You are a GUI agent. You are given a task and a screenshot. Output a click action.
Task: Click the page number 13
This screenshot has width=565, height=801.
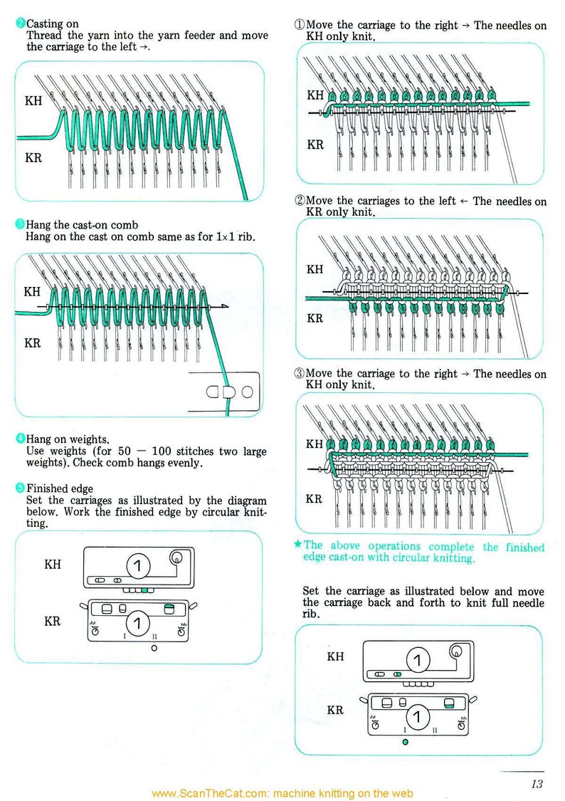pyautogui.click(x=536, y=784)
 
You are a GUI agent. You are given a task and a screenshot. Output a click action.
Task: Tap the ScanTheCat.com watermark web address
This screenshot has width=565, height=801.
pyautogui.click(x=282, y=793)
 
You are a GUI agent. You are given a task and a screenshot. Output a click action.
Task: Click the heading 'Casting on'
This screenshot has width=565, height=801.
pyautogui.click(x=52, y=24)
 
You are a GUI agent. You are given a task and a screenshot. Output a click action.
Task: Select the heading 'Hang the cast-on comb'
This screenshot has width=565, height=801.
pyautogui.click(x=82, y=225)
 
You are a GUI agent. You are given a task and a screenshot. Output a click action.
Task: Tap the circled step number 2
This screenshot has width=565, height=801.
pyautogui.click(x=300, y=201)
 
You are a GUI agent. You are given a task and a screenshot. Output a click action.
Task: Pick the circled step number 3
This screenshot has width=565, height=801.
pyautogui.click(x=300, y=374)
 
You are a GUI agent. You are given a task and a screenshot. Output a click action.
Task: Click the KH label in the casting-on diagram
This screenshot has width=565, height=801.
pyautogui.click(x=33, y=100)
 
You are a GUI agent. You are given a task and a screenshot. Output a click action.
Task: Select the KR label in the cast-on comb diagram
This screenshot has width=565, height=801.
pyautogui.click(x=33, y=343)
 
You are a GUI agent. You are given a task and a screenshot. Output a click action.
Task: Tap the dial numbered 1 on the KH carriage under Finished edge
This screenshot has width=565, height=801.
pyautogui.click(x=138, y=567)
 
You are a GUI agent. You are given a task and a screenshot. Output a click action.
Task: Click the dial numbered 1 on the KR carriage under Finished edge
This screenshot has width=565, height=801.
pyautogui.click(x=138, y=624)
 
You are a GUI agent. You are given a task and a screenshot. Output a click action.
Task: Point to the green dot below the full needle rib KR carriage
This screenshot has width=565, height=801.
pyautogui.click(x=405, y=742)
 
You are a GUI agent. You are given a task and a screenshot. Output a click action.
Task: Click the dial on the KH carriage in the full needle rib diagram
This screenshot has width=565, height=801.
pyautogui.click(x=418, y=660)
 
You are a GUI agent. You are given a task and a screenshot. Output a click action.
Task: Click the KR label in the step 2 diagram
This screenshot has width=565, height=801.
pyautogui.click(x=315, y=318)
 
